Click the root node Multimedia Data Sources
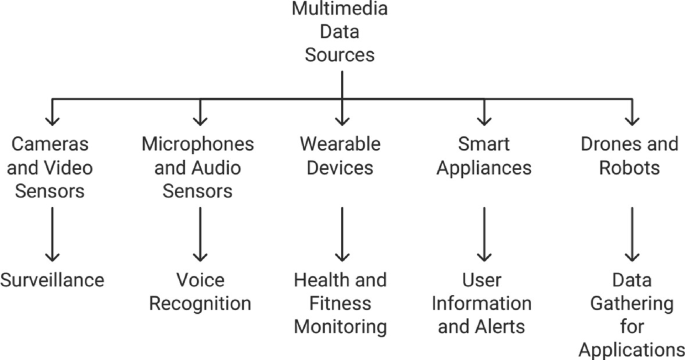[x=341, y=32]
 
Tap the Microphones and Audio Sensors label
[x=198, y=167]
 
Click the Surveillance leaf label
[x=52, y=280]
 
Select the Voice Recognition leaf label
[x=200, y=292]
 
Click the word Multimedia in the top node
[x=341, y=9]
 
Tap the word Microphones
[x=198, y=144]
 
